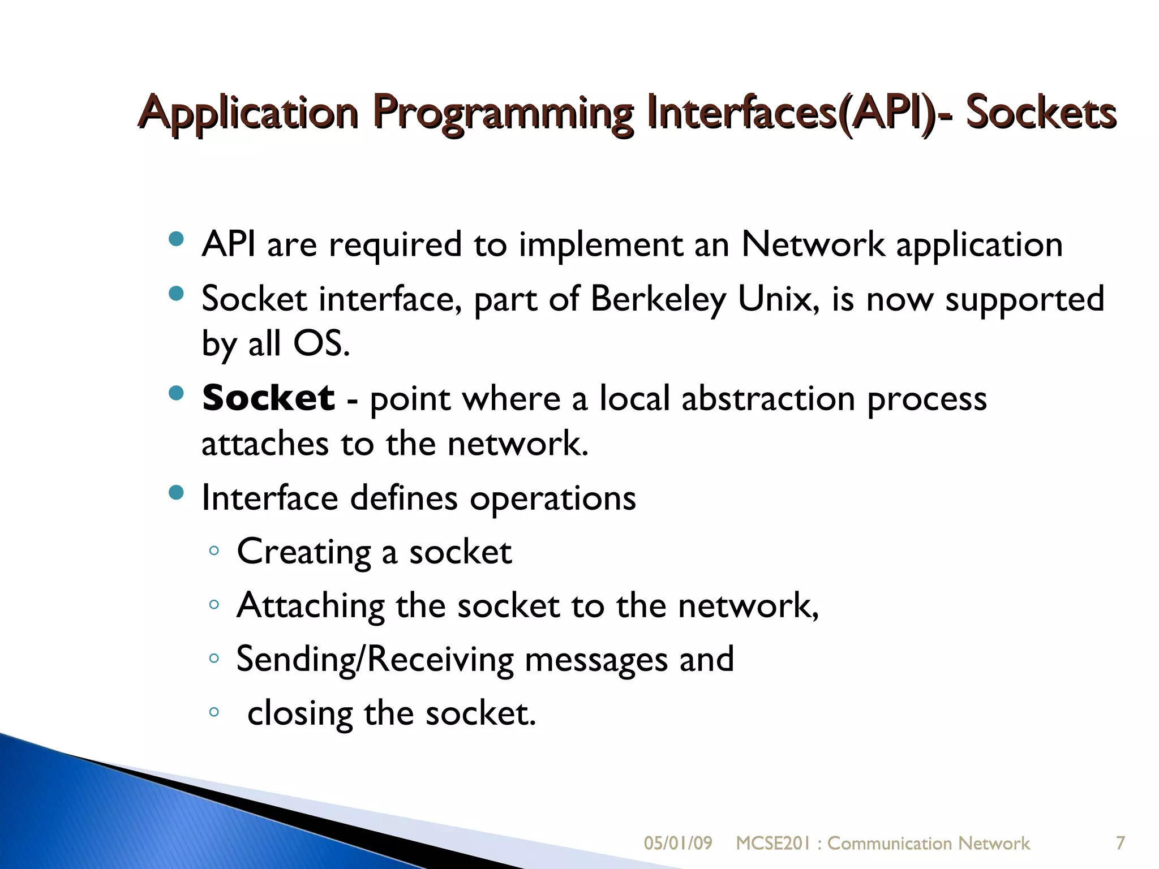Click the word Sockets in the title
click(x=1040, y=113)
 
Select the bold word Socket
click(x=268, y=398)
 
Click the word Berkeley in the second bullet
click(x=658, y=299)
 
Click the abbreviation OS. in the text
click(x=321, y=343)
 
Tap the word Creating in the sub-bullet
click(x=303, y=552)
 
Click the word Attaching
click(x=310, y=606)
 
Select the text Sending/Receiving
click(x=375, y=660)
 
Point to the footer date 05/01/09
click(x=677, y=844)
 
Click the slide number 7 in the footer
click(x=1120, y=843)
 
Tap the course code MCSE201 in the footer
click(x=773, y=844)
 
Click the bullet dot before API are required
click(x=177, y=239)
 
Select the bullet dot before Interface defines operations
click(x=177, y=493)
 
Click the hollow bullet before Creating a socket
click(x=213, y=550)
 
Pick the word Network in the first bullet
click(x=813, y=245)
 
